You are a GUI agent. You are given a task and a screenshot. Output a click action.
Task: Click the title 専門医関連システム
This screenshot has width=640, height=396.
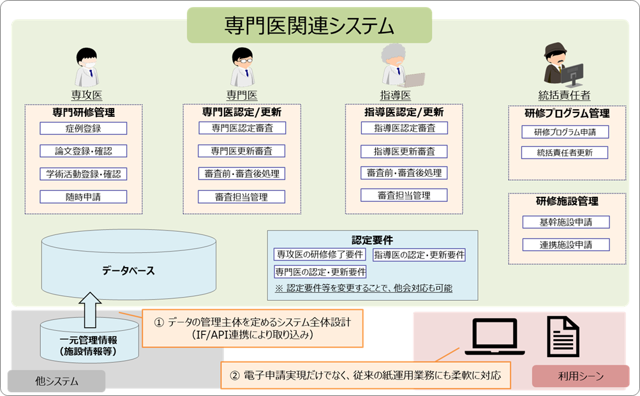pos(309,26)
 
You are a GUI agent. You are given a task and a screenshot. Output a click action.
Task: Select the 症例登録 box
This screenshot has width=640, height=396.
pos(83,128)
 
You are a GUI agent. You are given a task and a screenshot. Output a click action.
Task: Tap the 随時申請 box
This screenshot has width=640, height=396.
pos(83,197)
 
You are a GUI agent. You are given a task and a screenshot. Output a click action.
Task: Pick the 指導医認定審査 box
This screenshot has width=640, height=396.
pos(404,128)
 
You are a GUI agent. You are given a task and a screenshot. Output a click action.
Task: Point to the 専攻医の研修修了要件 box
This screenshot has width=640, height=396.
pos(320,254)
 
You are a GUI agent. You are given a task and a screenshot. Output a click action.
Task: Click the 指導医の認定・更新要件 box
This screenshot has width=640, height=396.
pos(419,255)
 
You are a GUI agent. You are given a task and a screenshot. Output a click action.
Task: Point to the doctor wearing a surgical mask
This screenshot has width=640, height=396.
pos(86,67)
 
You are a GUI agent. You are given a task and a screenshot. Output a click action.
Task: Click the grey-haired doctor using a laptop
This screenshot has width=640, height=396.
pos(401,66)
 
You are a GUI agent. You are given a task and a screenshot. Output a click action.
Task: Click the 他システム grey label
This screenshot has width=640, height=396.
pos(57,382)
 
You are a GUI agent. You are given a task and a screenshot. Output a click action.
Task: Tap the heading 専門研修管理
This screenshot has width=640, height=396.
pos(83,112)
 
